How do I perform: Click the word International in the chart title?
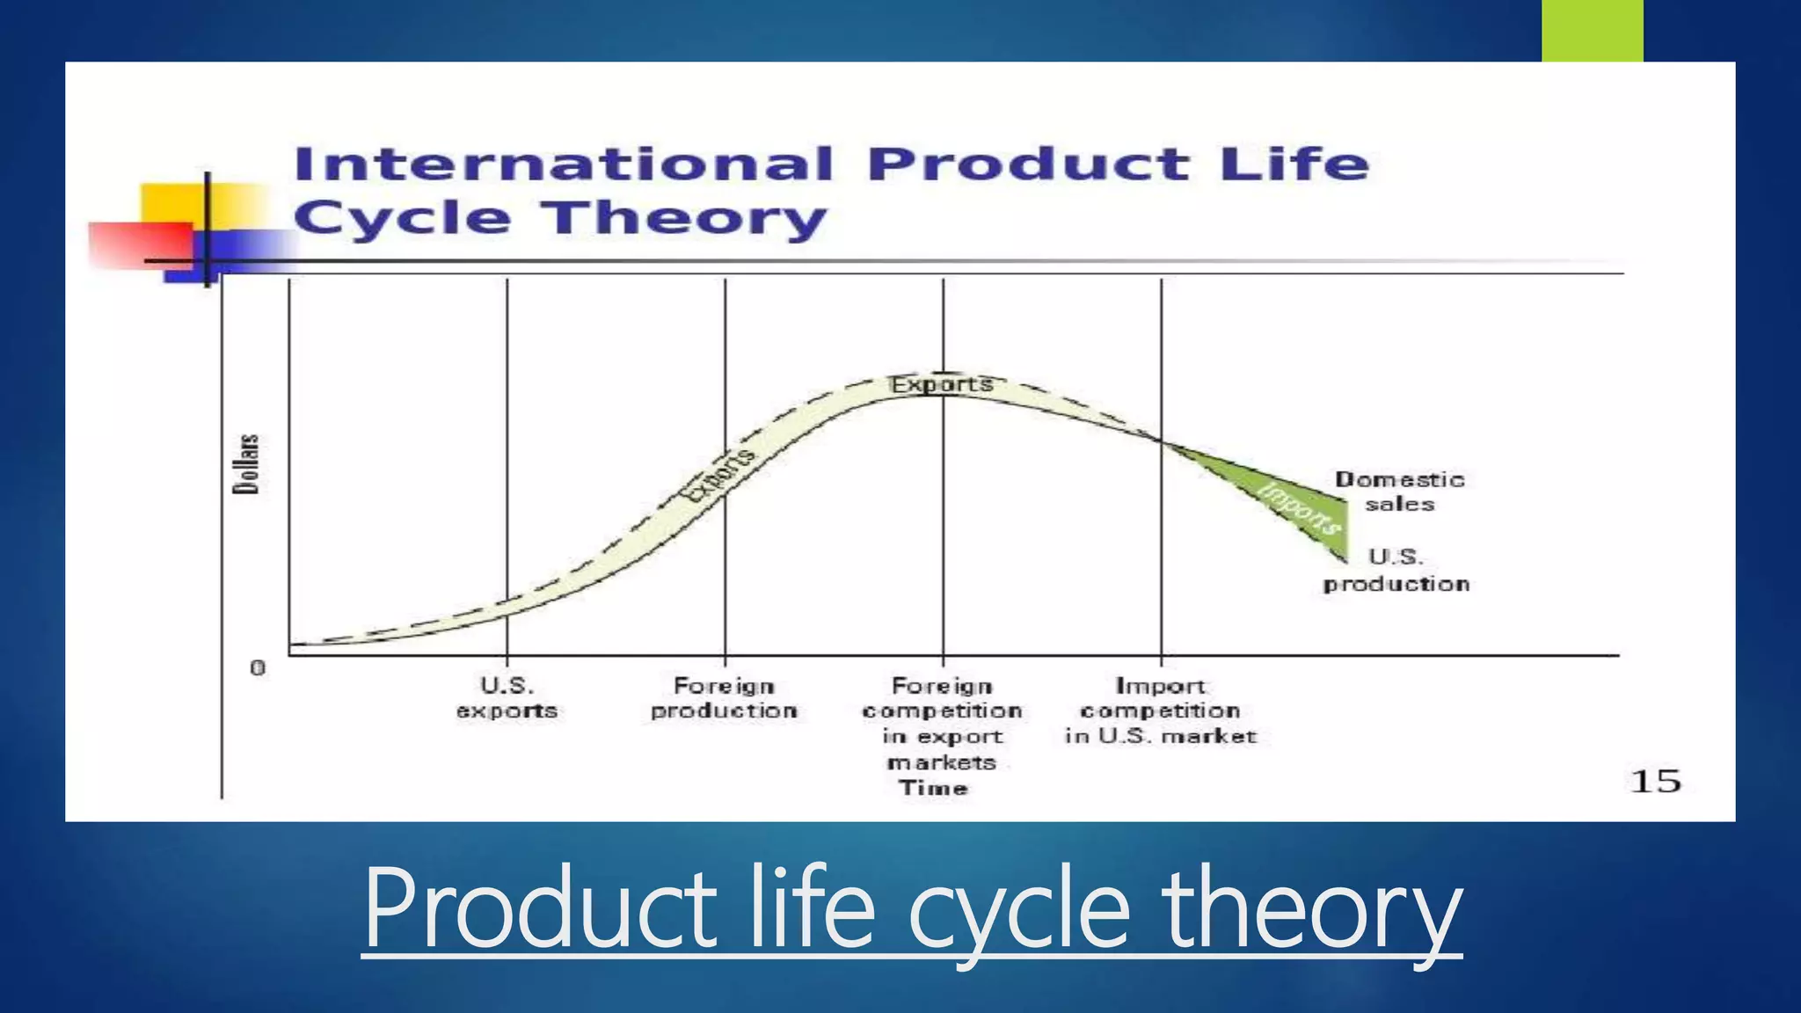[563, 164]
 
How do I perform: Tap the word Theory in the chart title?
[683, 217]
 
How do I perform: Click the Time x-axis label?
[933, 788]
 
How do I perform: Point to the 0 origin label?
[258, 668]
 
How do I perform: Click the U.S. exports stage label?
[507, 698]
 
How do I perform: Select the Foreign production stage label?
[724, 698]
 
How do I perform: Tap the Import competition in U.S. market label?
[1160, 711]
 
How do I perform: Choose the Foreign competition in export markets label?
[942, 723]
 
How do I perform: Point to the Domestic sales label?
[1399, 492]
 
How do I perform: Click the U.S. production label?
[1396, 571]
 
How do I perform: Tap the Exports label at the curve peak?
[941, 384]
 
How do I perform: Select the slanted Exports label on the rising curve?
[719, 475]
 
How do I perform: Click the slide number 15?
[1655, 781]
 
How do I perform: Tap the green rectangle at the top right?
[1592, 30]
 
